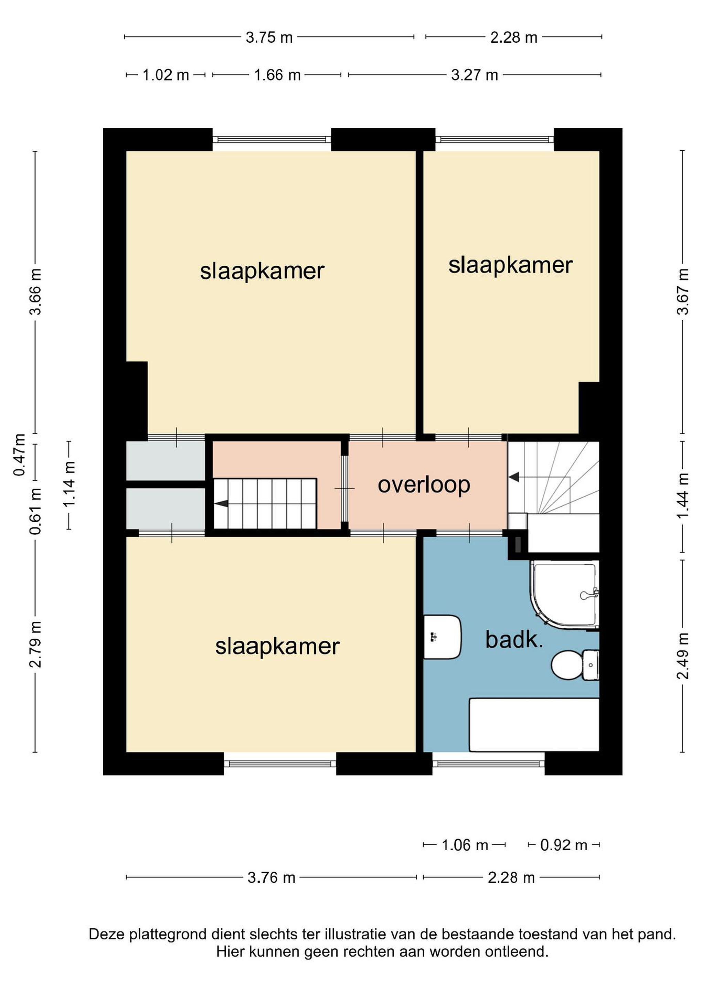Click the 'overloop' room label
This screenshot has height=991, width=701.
424,486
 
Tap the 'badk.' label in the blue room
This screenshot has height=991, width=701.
514,640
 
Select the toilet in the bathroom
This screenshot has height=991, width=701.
575,665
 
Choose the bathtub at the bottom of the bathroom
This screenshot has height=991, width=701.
534,725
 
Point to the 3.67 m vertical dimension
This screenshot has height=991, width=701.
683,291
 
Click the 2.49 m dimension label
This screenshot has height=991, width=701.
683,656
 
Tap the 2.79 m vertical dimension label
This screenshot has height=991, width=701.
35,644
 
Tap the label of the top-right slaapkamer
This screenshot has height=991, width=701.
510,265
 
